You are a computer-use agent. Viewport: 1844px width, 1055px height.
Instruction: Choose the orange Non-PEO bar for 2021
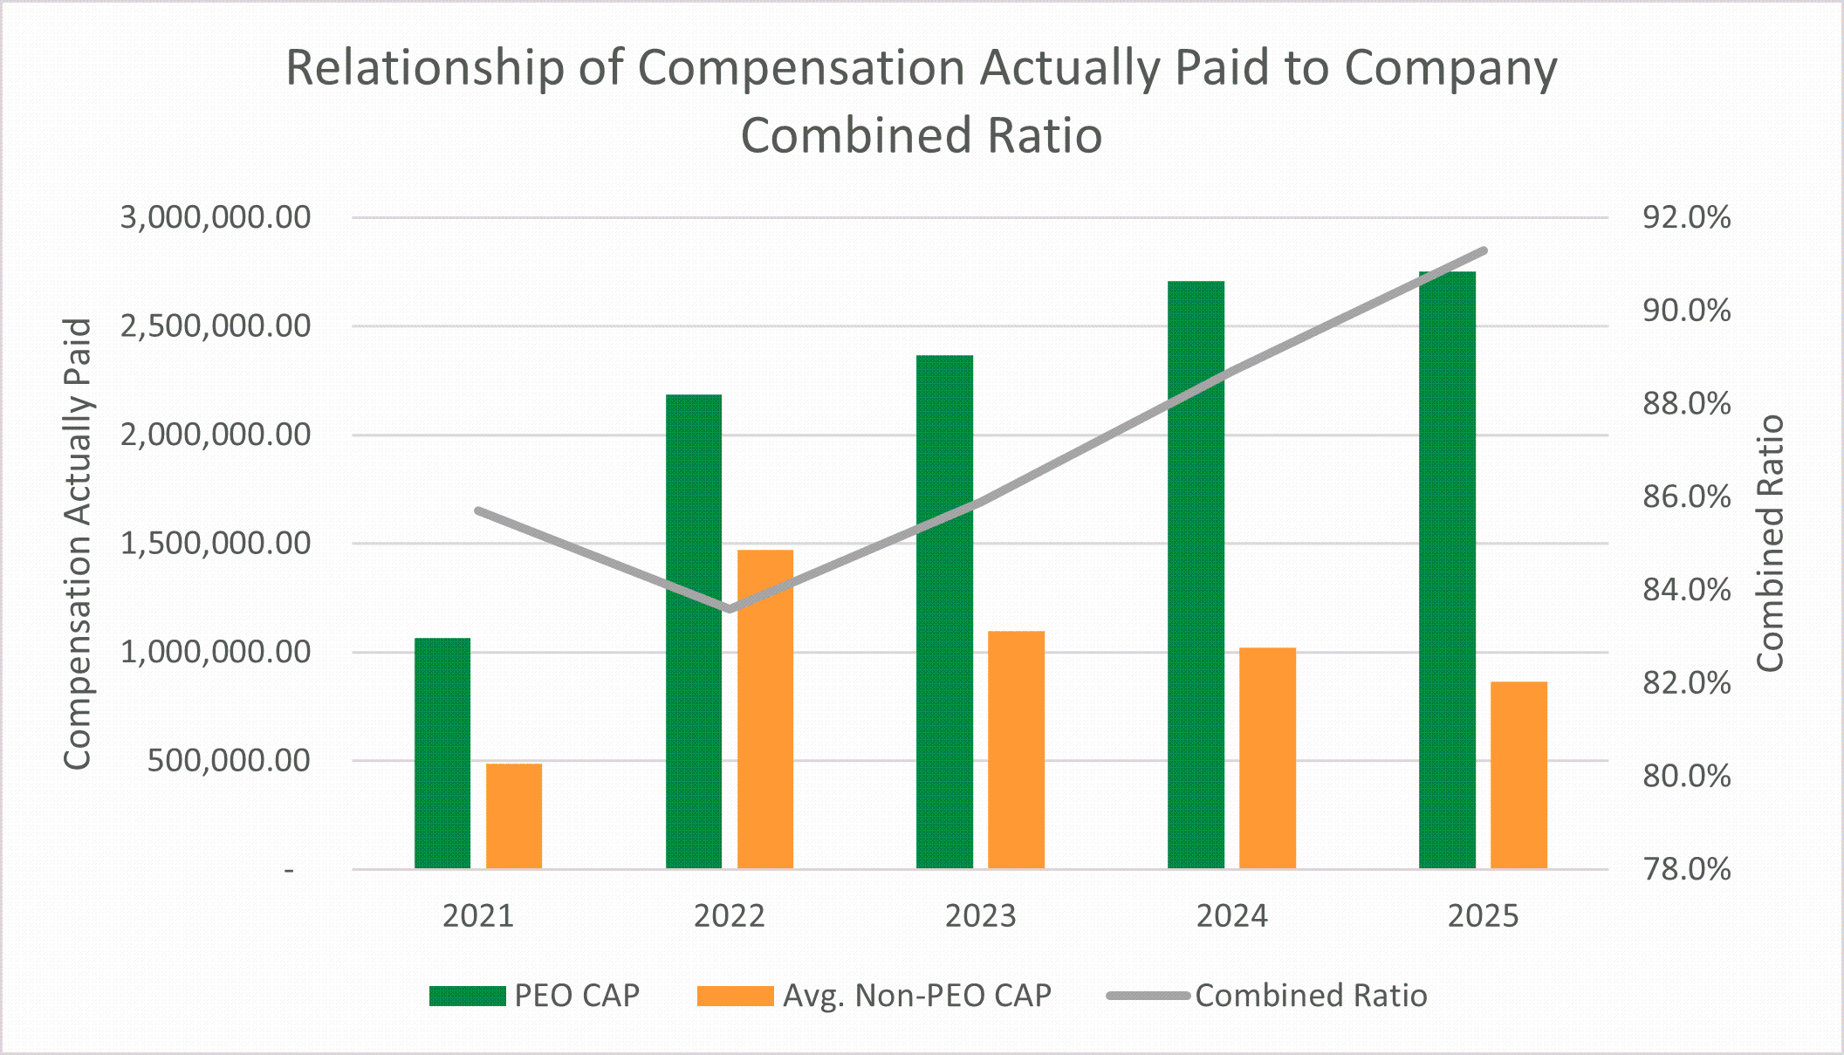(x=514, y=816)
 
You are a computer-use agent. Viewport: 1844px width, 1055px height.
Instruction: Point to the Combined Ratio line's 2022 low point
(x=730, y=608)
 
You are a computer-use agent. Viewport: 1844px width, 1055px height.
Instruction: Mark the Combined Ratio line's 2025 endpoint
(x=1484, y=251)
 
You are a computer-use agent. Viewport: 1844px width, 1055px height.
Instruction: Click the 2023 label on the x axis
(x=980, y=916)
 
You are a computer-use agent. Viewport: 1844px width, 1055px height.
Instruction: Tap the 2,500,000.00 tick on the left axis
(x=216, y=326)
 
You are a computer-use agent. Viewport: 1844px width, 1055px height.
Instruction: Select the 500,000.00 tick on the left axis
(x=229, y=761)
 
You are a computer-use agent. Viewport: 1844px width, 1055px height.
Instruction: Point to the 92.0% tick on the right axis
(x=1686, y=217)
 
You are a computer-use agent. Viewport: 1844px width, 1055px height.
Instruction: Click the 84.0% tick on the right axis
(x=1686, y=590)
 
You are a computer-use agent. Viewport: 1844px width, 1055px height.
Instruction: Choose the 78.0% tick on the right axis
(x=1686, y=869)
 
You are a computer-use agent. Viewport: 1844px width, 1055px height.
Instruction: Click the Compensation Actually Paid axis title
(x=78, y=544)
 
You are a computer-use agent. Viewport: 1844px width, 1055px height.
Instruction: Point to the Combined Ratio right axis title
(x=1769, y=544)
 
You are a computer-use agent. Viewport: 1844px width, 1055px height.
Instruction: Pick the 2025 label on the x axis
(x=1483, y=916)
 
